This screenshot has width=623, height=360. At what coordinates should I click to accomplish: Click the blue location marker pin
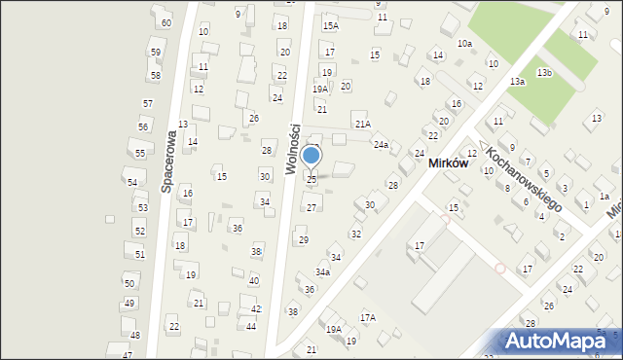point(311,155)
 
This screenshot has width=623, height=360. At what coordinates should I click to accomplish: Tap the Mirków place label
point(449,164)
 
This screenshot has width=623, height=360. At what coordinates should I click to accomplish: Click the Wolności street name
point(292,148)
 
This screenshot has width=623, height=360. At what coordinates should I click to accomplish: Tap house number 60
point(166,22)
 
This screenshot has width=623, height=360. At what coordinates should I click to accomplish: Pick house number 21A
point(363,124)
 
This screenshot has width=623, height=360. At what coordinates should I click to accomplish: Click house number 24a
point(381,145)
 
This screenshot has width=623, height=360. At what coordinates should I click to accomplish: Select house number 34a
point(322,271)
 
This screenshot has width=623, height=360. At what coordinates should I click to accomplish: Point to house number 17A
point(368,317)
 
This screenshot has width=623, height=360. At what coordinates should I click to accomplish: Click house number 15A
point(331,25)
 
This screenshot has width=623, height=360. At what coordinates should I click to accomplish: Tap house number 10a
point(465,44)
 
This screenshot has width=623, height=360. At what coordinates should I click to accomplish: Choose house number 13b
point(545,73)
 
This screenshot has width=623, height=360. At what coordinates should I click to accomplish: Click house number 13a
point(517,82)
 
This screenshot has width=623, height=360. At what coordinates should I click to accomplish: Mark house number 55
point(140,154)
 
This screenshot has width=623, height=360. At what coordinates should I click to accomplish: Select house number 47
point(127,355)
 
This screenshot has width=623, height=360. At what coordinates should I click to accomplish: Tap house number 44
point(251,326)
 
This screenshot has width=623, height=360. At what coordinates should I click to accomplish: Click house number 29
point(303,240)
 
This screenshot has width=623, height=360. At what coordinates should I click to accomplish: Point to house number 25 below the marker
point(311,179)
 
